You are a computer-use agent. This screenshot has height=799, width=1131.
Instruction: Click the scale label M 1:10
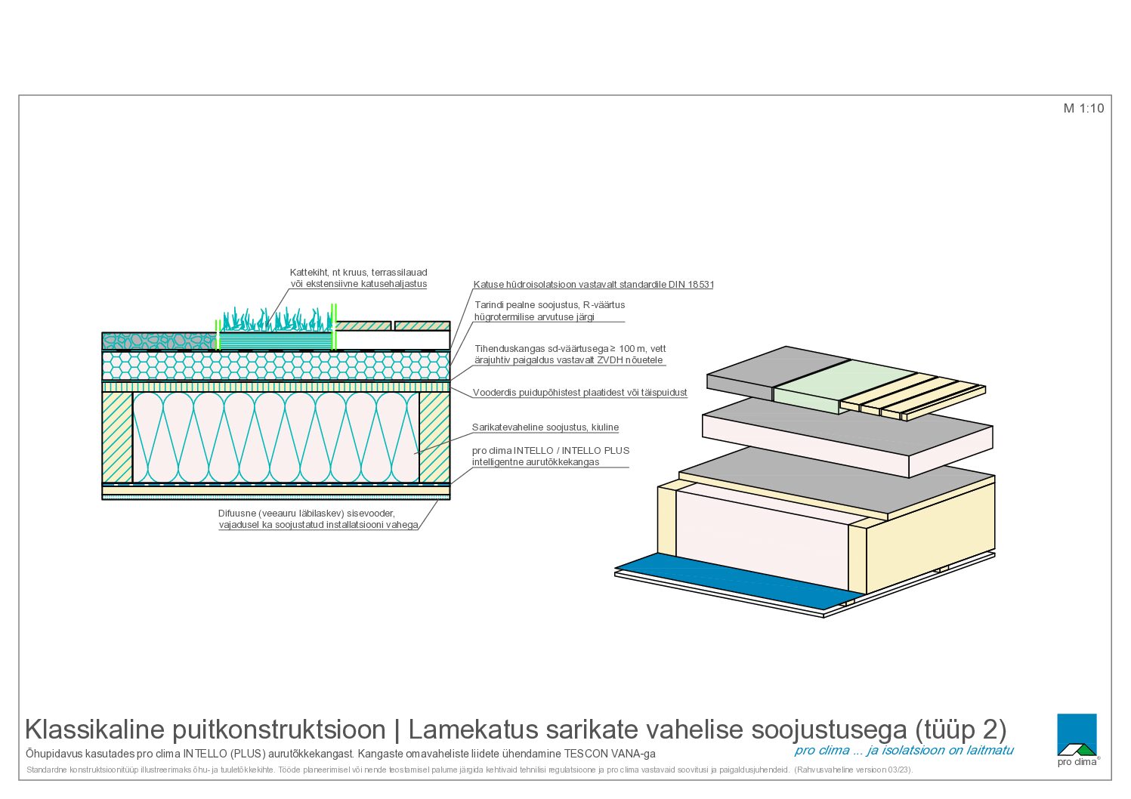[1083, 109]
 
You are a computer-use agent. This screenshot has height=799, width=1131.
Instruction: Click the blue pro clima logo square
[1077, 733]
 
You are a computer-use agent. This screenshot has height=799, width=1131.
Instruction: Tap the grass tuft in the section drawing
[277, 319]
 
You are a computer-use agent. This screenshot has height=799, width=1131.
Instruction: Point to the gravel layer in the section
[159, 341]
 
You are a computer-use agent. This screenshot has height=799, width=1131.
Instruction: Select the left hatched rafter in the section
[117, 437]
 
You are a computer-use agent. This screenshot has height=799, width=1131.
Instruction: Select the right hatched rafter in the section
[434, 437]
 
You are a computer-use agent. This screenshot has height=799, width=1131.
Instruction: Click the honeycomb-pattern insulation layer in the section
[276, 366]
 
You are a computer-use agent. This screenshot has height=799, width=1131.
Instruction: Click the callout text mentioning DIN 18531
[593, 284]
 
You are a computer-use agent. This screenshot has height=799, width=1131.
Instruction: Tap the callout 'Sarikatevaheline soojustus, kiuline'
[545, 427]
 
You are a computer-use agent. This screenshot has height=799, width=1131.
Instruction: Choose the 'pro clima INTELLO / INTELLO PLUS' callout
[550, 456]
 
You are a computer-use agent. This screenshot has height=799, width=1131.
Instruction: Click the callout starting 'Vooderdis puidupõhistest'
[579, 392]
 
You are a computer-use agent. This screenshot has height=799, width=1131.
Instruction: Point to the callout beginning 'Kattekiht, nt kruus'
[358, 278]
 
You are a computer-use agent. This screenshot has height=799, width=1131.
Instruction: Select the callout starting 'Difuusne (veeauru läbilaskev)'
[318, 519]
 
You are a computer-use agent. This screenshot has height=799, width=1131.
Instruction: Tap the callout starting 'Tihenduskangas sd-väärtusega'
[570, 354]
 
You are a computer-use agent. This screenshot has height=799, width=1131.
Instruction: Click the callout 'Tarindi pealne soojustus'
[549, 311]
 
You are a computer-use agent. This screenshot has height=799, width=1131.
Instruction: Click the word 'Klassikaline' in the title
[95, 730]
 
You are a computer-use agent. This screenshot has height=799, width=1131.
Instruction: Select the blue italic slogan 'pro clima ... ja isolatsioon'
[904, 751]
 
